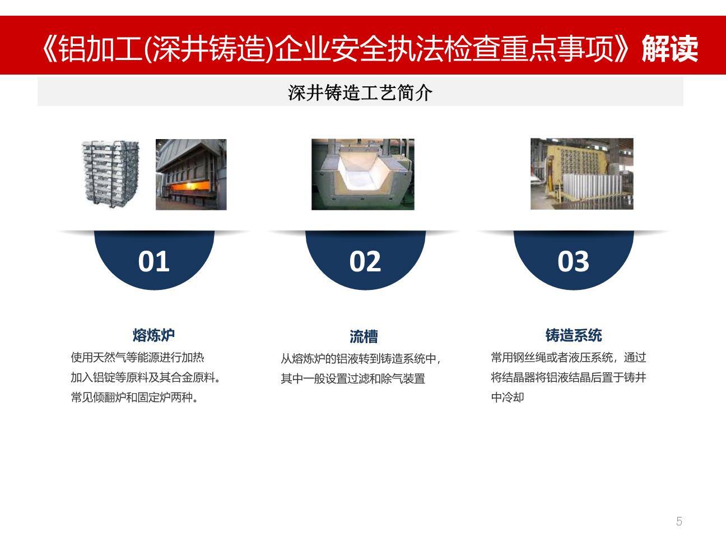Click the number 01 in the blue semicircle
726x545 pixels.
[x=153, y=261]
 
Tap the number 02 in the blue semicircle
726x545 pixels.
[x=365, y=261]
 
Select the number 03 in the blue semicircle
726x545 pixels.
[x=573, y=261]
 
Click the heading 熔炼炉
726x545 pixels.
[x=153, y=335]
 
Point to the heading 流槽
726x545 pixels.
[x=364, y=336]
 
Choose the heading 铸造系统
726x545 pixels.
[x=573, y=335]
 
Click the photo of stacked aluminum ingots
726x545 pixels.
[x=111, y=174]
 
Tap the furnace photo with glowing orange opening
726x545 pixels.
[x=191, y=175]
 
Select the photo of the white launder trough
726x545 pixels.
[x=362, y=174]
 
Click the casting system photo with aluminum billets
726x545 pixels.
[x=581, y=174]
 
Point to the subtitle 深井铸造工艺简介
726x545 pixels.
[x=360, y=93]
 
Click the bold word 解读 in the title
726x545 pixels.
[x=669, y=49]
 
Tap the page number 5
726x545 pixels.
[x=679, y=521]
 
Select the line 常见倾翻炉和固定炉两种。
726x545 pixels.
[x=134, y=398]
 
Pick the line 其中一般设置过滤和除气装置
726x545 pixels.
[x=353, y=378]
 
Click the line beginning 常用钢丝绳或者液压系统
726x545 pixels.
[x=568, y=357]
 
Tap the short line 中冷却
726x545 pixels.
[x=507, y=398]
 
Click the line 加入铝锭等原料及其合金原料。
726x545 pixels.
[x=146, y=377]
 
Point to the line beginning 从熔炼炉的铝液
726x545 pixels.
[x=361, y=358]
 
